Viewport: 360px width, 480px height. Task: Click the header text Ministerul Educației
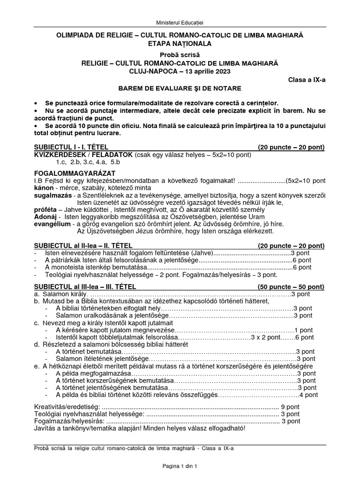pos(180,22)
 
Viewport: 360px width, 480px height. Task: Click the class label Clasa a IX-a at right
pos(307,80)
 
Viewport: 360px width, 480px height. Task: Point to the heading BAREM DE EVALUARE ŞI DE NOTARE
pos(180,88)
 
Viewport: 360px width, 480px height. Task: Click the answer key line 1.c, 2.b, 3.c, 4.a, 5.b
pos(88,162)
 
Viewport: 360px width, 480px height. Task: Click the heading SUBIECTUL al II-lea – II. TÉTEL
pos(83,246)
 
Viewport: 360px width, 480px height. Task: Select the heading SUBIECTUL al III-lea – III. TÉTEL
pos(85,286)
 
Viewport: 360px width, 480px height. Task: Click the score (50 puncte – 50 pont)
pos(291,286)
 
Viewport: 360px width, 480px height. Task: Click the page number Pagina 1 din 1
pos(180,467)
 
